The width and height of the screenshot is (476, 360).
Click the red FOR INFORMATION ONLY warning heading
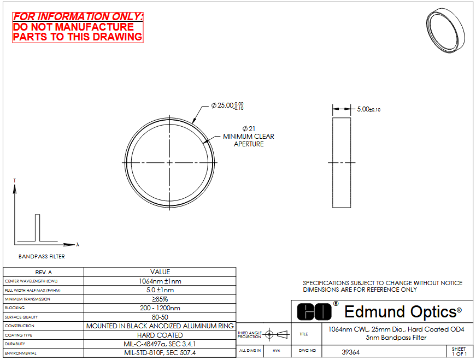(78, 16)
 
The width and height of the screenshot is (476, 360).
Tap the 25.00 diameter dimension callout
(227, 105)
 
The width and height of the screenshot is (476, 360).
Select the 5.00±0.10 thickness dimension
(368, 109)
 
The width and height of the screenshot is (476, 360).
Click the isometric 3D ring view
(445, 31)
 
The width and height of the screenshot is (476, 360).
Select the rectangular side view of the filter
(342, 163)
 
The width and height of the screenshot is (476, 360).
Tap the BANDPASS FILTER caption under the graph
(42, 257)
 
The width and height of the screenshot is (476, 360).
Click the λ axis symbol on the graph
(78, 244)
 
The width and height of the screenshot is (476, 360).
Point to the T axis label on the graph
(14, 181)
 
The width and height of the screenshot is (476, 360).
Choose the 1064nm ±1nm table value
(160, 281)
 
